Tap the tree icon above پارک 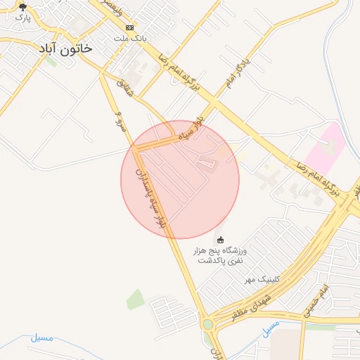click(22, 7)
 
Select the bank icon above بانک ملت click(129, 27)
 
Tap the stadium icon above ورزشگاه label click(221, 240)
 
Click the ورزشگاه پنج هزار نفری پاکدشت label click(221, 255)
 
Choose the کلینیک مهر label click(262, 279)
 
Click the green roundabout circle click(208, 324)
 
